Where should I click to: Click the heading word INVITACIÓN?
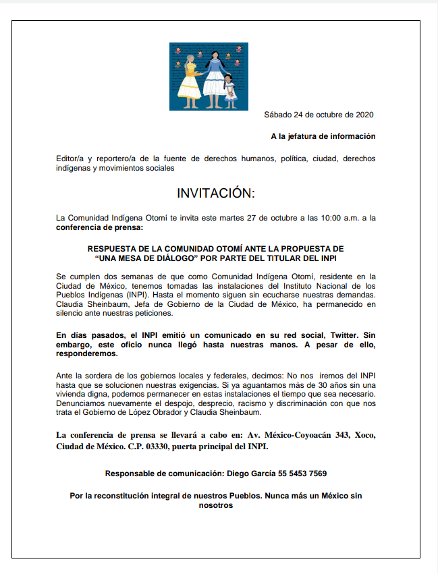[215, 194]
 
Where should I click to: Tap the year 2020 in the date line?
[363, 115]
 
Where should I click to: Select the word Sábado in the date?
[279, 115]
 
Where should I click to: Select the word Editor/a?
[72, 159]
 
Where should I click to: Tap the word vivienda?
[72, 394]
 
